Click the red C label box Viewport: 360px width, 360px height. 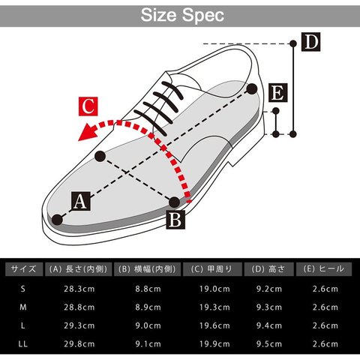pyautogui.click(x=88, y=106)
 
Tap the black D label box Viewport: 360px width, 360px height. pyautogui.click(x=310, y=42)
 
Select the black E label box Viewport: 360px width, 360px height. pyautogui.click(x=278, y=93)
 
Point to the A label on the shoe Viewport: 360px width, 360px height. pyautogui.click(x=81, y=201)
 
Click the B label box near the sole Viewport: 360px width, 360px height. pyautogui.click(x=175, y=220)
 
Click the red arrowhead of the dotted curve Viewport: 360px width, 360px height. pyautogui.click(x=88, y=132)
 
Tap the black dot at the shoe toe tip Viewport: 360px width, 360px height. pyautogui.click(x=57, y=220)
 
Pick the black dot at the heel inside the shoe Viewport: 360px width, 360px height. pyautogui.click(x=252, y=89)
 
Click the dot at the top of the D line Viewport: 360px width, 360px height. pyautogui.click(x=293, y=43)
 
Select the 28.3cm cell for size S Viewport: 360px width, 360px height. pyautogui.click(x=79, y=289)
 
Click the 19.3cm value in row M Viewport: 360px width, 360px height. pyautogui.click(x=214, y=307)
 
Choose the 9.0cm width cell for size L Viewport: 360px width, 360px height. pyautogui.click(x=148, y=325)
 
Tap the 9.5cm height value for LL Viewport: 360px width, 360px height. pyautogui.click(x=269, y=344)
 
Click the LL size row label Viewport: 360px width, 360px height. pyautogui.click(x=22, y=344)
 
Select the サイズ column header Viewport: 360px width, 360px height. pyautogui.click(x=24, y=269)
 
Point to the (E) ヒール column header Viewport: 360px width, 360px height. pyautogui.click(x=324, y=269)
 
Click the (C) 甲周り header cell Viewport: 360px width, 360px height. pyautogui.click(x=212, y=269)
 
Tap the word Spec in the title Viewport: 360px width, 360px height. pyautogui.click(x=203, y=16)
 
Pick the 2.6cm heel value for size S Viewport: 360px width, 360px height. pyautogui.click(x=325, y=289)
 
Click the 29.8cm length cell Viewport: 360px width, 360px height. pyautogui.click(x=79, y=344)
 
